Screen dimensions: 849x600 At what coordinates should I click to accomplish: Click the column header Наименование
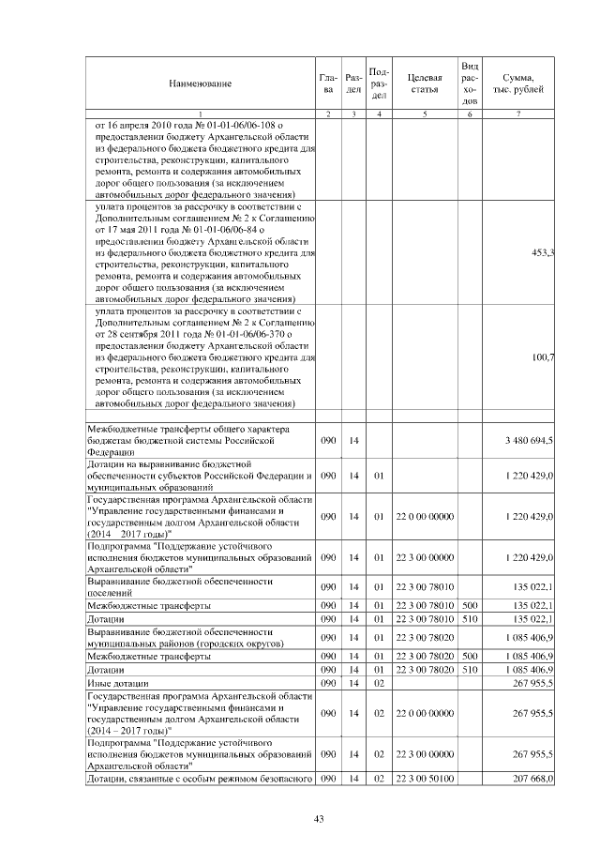[200, 84]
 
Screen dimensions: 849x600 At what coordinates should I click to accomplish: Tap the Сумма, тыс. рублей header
[518, 84]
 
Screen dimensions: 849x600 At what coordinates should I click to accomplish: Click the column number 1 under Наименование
[200, 114]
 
